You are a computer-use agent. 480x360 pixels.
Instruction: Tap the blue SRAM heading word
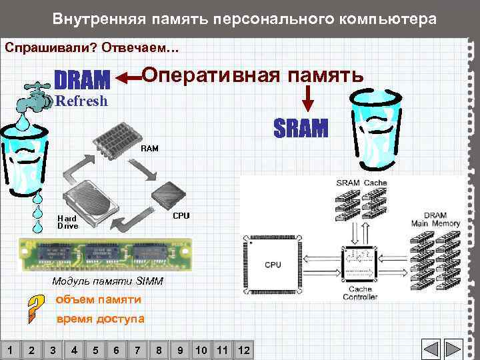click(x=301, y=128)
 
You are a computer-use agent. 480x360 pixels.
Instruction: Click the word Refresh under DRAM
click(x=81, y=102)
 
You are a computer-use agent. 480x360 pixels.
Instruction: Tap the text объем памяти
click(x=98, y=299)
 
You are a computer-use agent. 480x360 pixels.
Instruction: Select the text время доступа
click(x=100, y=319)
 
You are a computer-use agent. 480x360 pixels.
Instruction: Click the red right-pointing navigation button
click(x=454, y=349)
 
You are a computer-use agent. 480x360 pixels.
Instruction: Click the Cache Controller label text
click(x=360, y=293)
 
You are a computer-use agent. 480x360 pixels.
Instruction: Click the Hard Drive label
click(x=67, y=222)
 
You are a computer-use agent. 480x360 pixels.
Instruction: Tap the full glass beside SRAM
click(x=375, y=130)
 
